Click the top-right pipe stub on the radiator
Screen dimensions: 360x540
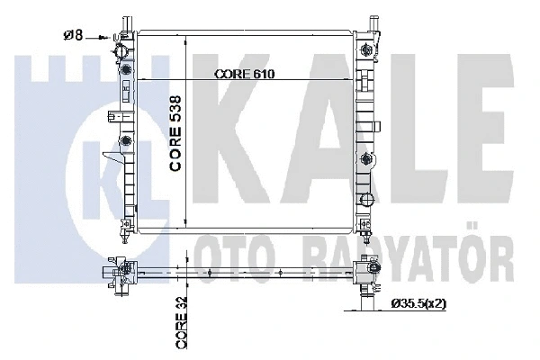[x=372, y=20]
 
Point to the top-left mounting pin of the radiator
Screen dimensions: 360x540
[x=124, y=20]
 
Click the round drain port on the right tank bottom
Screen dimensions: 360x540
[x=366, y=199]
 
